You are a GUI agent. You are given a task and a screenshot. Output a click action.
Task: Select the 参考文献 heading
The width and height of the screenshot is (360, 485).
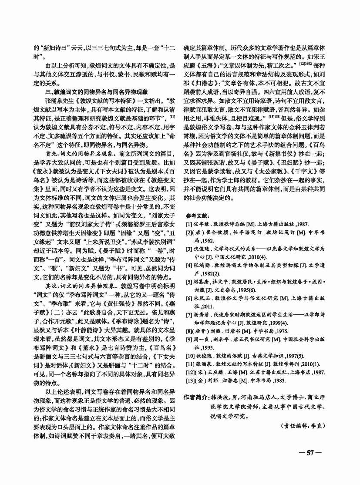tap(197, 216)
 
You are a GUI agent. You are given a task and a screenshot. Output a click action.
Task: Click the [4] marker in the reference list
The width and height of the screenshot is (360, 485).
tap(188, 265)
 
